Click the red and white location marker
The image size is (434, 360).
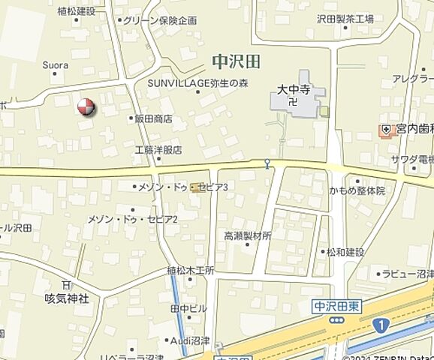coord(87,106)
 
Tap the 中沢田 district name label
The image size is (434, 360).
coord(234,59)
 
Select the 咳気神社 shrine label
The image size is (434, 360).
coord(67,298)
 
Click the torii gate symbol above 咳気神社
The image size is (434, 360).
coord(66,285)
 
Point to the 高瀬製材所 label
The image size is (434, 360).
coord(248,235)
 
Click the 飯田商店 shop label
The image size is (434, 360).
coord(153,118)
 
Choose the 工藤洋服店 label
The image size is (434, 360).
coord(158,150)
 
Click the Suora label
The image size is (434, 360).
coord(56,64)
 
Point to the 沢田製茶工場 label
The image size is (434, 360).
coord(345,19)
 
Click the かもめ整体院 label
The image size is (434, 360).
coord(357,191)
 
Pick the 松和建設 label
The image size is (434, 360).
coord(344,252)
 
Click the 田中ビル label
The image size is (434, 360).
coord(188,307)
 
